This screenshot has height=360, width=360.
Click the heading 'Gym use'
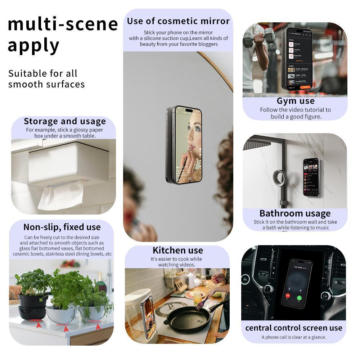pyautogui.click(x=296, y=101)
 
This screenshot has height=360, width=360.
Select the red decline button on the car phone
pyautogui.click(x=288, y=296)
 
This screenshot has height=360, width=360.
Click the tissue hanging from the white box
pyautogui.click(x=60, y=197)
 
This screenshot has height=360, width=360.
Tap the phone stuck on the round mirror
pyautogui.click(x=184, y=144)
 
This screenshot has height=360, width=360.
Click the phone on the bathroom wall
pyautogui.click(x=311, y=177)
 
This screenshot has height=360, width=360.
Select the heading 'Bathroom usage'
pyautogui.click(x=295, y=213)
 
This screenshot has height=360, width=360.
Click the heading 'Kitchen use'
pyautogui.click(x=177, y=251)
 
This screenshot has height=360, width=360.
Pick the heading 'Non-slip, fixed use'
pyautogui.click(x=62, y=227)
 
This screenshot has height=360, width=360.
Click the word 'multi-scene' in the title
pyautogui.click(x=63, y=24)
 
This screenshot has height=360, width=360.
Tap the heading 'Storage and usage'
pyautogui.click(x=65, y=121)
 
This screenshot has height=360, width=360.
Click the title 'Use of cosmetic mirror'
pyautogui.click(x=178, y=21)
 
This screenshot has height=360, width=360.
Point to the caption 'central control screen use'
pyautogui.click(x=293, y=328)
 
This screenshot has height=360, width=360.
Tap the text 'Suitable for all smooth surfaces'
pyautogui.click(x=46, y=79)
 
